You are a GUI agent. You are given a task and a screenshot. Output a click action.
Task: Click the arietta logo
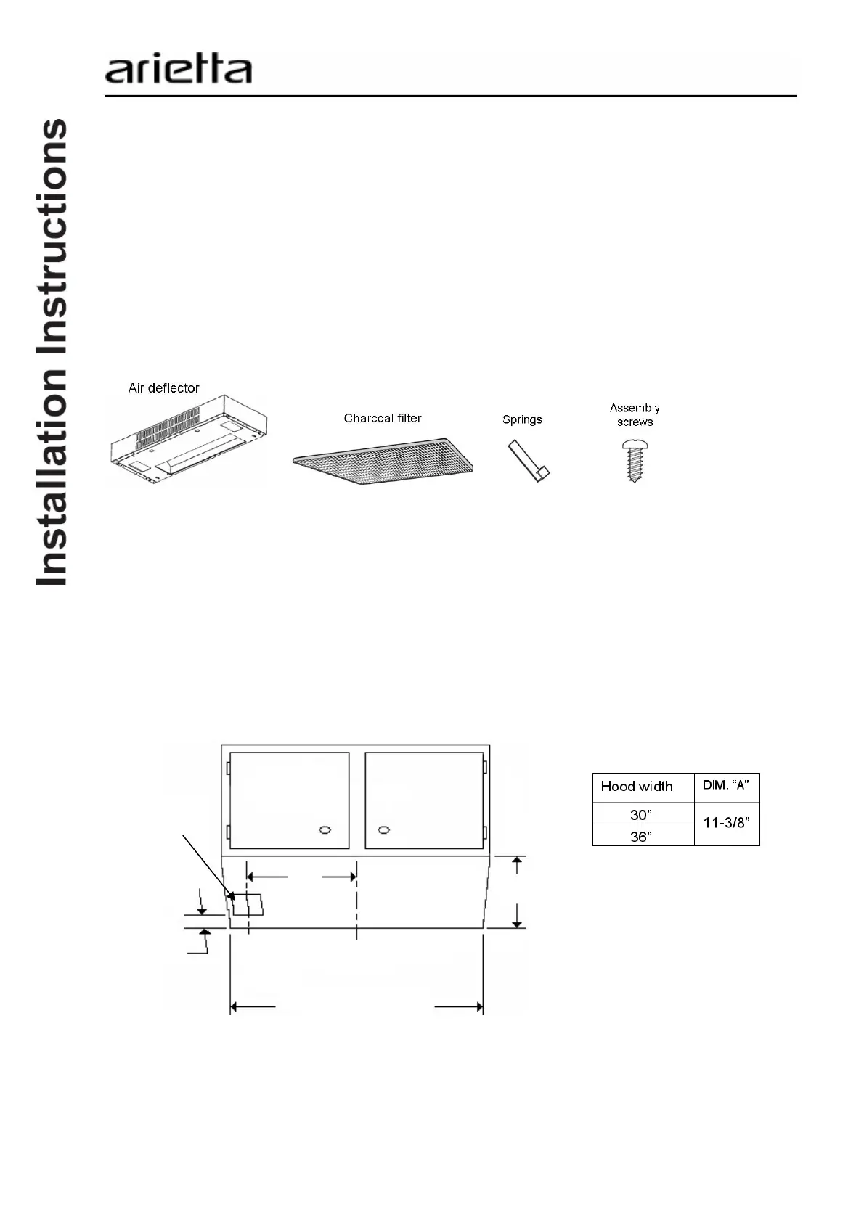(x=179, y=70)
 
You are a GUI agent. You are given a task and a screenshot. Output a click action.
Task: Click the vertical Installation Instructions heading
(x=52, y=352)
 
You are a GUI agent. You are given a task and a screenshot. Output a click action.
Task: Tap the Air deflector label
(x=163, y=388)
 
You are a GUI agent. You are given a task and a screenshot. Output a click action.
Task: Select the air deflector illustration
(x=189, y=440)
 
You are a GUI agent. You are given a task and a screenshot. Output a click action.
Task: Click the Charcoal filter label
(x=383, y=418)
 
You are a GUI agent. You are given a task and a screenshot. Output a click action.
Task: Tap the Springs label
(x=522, y=419)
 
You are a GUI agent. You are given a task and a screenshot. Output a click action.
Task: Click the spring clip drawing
(x=529, y=462)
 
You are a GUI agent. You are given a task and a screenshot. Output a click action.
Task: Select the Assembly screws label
(x=635, y=415)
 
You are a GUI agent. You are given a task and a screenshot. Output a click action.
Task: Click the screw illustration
(x=634, y=460)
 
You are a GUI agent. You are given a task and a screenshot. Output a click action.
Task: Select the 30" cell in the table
(x=643, y=813)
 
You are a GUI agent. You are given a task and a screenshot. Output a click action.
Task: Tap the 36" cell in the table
(x=643, y=836)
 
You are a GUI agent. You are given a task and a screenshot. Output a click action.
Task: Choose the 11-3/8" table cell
(x=726, y=824)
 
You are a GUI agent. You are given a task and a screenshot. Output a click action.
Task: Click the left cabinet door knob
(x=325, y=829)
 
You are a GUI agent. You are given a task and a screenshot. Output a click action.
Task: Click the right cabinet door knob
(x=384, y=829)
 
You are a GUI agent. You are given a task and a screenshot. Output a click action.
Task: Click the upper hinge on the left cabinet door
(x=228, y=767)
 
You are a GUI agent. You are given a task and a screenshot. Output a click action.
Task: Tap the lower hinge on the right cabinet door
(x=485, y=831)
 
